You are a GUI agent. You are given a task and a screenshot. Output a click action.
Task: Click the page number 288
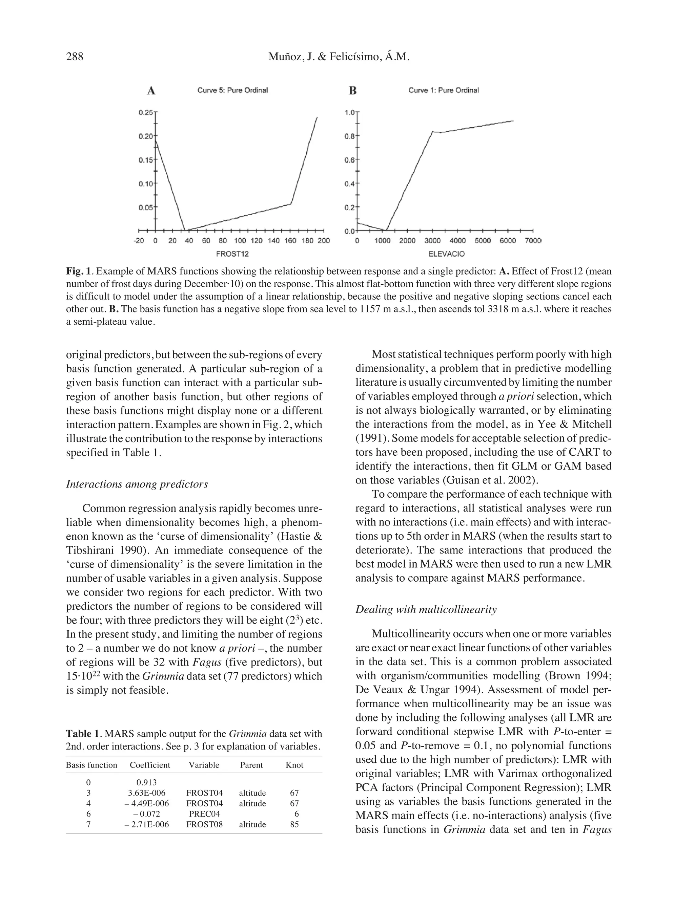[x=75, y=56]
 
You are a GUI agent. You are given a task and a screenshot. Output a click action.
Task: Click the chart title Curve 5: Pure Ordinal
[x=232, y=90]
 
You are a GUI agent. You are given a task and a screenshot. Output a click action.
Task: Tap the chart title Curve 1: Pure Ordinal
[x=443, y=90]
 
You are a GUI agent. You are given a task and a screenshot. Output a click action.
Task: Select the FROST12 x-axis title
[x=232, y=254]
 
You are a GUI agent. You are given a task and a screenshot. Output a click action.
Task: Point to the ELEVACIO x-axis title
[x=446, y=254]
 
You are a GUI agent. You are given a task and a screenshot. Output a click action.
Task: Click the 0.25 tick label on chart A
[x=145, y=112]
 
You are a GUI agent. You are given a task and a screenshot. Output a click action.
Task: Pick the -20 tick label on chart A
[x=139, y=241]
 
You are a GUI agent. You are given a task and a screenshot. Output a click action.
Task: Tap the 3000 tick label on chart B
[x=432, y=241]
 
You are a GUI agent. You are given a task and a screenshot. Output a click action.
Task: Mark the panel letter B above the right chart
[x=352, y=91]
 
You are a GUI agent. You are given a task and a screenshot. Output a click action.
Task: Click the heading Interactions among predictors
[x=137, y=484]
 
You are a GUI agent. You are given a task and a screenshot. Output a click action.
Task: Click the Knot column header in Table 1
[x=294, y=765]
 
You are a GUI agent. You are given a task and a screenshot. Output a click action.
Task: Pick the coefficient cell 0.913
[x=147, y=782]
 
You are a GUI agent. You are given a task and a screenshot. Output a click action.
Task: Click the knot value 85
[x=294, y=824]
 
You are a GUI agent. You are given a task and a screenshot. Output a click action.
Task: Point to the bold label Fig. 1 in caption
[x=78, y=272]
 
